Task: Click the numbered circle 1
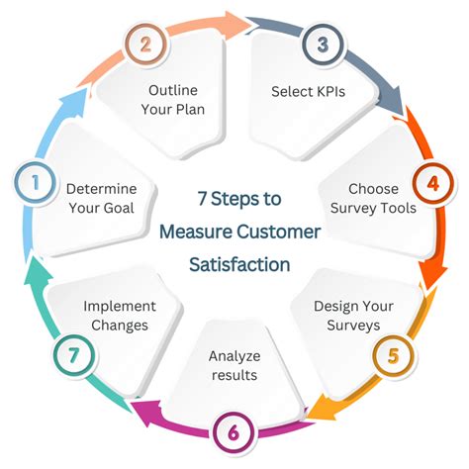pyautogui.click(x=35, y=182)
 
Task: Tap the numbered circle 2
pyautogui.click(x=145, y=45)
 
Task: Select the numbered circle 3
pyautogui.click(x=323, y=45)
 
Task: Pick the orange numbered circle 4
pyautogui.click(x=433, y=183)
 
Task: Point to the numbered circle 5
pyautogui.click(x=393, y=355)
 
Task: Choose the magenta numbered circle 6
pyautogui.click(x=234, y=432)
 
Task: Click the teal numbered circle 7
pyautogui.click(x=74, y=355)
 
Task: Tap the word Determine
pyautogui.click(x=102, y=189)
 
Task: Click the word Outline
pyautogui.click(x=173, y=90)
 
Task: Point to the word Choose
pyautogui.click(x=373, y=189)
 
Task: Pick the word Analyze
pyautogui.click(x=234, y=356)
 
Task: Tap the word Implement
pyautogui.click(x=120, y=307)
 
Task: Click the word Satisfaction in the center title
pyautogui.click(x=239, y=264)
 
